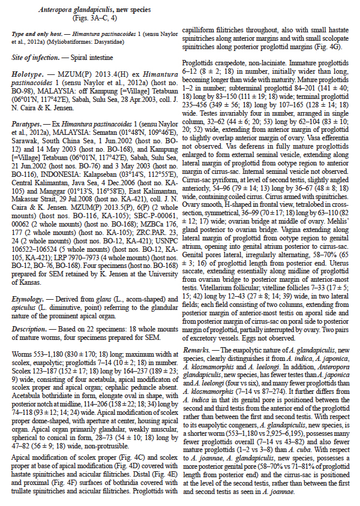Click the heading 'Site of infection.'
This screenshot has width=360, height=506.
tap(39, 58)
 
